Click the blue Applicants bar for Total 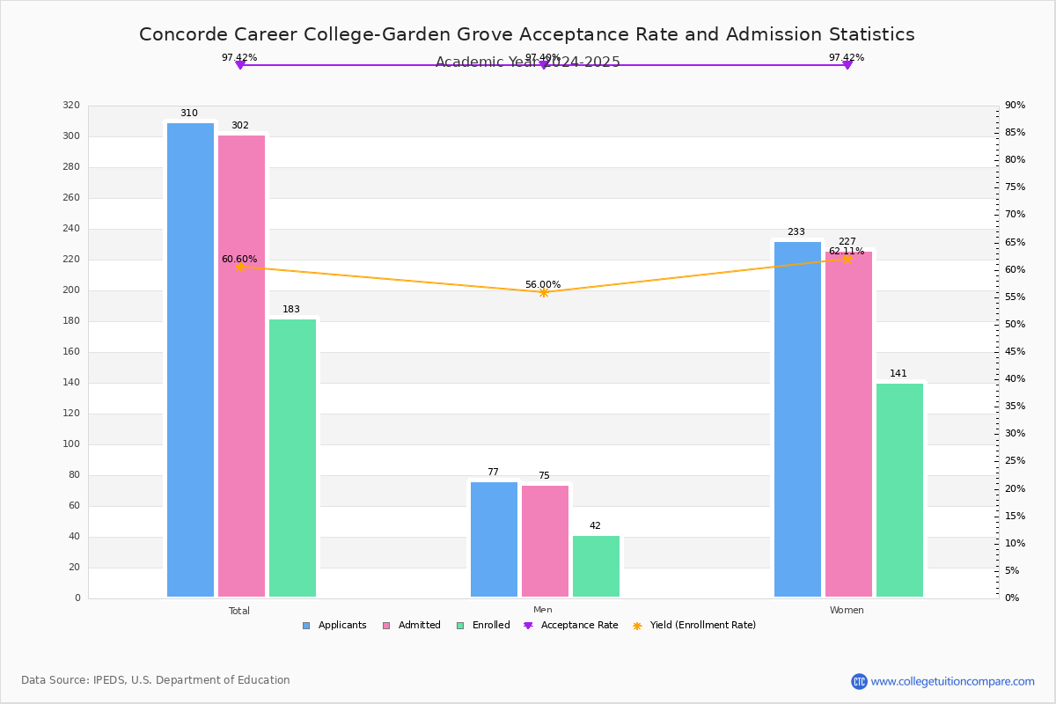(x=190, y=360)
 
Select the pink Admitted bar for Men (x=545, y=541)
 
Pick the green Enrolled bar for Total (x=292, y=458)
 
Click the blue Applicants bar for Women (x=797, y=419)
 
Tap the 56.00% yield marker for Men (x=543, y=292)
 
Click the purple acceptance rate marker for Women (x=847, y=65)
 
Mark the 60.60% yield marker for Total (x=239, y=267)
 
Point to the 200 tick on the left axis (x=71, y=290)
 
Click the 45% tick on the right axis (x=1015, y=352)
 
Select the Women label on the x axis (x=847, y=611)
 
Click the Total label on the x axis (x=239, y=611)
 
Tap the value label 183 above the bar (x=291, y=310)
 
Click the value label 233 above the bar (x=796, y=232)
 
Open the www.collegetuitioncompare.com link (x=952, y=681)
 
